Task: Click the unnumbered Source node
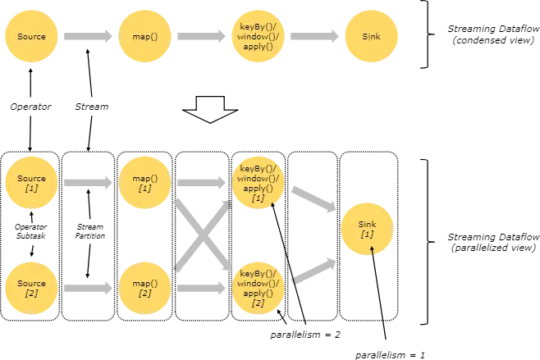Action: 32,37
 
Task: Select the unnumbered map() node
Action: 145,37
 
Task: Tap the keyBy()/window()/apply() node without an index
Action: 259,37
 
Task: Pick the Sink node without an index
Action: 371,37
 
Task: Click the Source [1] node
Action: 32,183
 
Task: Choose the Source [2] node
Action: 32,288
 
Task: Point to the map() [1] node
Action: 145,183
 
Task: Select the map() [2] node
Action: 145,288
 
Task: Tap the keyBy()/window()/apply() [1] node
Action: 259,183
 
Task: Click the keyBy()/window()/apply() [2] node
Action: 259,288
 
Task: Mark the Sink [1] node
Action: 368,229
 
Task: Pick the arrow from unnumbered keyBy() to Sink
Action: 315,37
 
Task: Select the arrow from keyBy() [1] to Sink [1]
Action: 312,199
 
